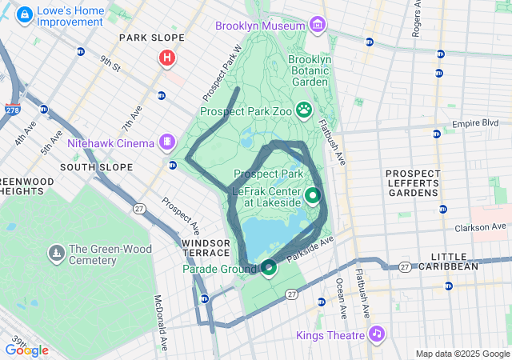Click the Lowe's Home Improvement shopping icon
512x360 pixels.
tap(24, 14)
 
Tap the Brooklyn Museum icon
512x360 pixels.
tap(318, 26)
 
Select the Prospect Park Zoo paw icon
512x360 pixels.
tap(304, 109)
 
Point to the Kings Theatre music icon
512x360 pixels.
tap(376, 334)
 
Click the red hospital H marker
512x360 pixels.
tap(166, 58)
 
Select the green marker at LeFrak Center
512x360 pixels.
tap(312, 194)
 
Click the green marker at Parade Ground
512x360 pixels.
tap(269, 267)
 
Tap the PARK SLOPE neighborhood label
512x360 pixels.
tap(151, 38)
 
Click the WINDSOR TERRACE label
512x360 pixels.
tap(206, 247)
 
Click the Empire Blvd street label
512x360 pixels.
tap(475, 124)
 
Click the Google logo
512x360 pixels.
tap(26, 350)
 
